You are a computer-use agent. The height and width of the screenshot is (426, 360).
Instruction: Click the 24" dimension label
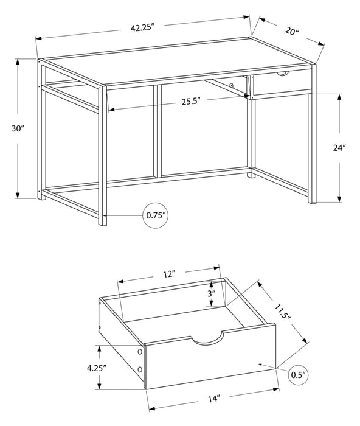(340, 147)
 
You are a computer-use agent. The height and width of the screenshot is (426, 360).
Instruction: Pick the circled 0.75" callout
(156, 215)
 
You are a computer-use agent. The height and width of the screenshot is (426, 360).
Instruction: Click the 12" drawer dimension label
(170, 274)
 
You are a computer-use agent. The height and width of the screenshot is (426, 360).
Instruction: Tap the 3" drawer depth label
(211, 293)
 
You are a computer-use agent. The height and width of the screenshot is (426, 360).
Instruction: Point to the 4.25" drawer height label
(96, 368)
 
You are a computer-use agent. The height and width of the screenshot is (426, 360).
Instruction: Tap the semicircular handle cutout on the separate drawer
(207, 340)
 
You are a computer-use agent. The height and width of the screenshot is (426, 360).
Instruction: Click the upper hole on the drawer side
(140, 352)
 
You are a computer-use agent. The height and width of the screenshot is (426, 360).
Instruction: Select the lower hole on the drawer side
(140, 369)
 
